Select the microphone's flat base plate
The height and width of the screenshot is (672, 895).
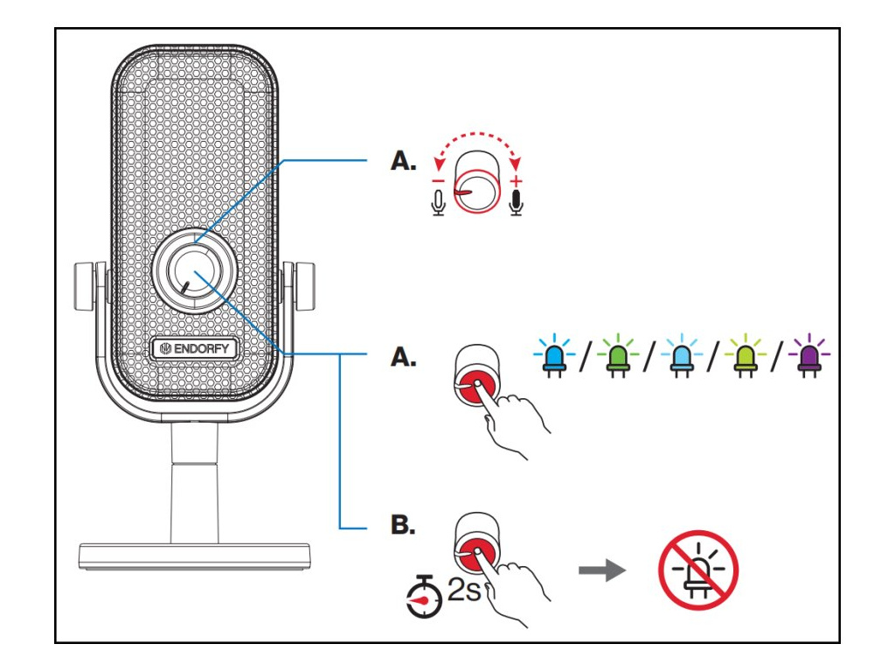click(194, 556)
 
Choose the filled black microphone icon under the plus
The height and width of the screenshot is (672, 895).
click(517, 203)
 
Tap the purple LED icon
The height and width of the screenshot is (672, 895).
click(808, 356)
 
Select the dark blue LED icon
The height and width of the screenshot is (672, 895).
click(553, 356)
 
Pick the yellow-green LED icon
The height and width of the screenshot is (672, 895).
click(745, 356)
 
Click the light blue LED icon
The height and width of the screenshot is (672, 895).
click(682, 356)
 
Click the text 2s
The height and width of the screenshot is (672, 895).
click(463, 589)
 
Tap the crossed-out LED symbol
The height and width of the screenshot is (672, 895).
click(698, 570)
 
